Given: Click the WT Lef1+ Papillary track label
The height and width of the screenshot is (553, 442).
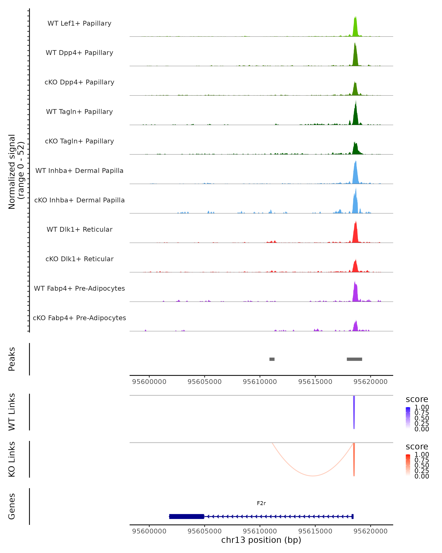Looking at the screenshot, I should click(79, 23).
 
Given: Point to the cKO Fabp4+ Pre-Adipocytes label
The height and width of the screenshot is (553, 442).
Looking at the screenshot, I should click(79, 318).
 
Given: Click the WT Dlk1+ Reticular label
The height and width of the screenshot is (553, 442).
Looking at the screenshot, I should click(79, 229).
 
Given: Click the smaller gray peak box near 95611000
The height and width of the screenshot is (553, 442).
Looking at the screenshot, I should click(272, 359).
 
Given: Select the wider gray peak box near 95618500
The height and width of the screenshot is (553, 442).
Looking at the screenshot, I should click(354, 359).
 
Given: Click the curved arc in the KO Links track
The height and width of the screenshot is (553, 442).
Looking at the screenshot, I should click(313, 476).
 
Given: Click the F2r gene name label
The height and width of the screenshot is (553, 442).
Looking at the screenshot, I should click(261, 503).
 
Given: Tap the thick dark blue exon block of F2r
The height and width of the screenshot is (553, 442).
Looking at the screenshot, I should click(187, 516).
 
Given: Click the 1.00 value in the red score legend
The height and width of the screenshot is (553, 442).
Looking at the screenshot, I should click(422, 455).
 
